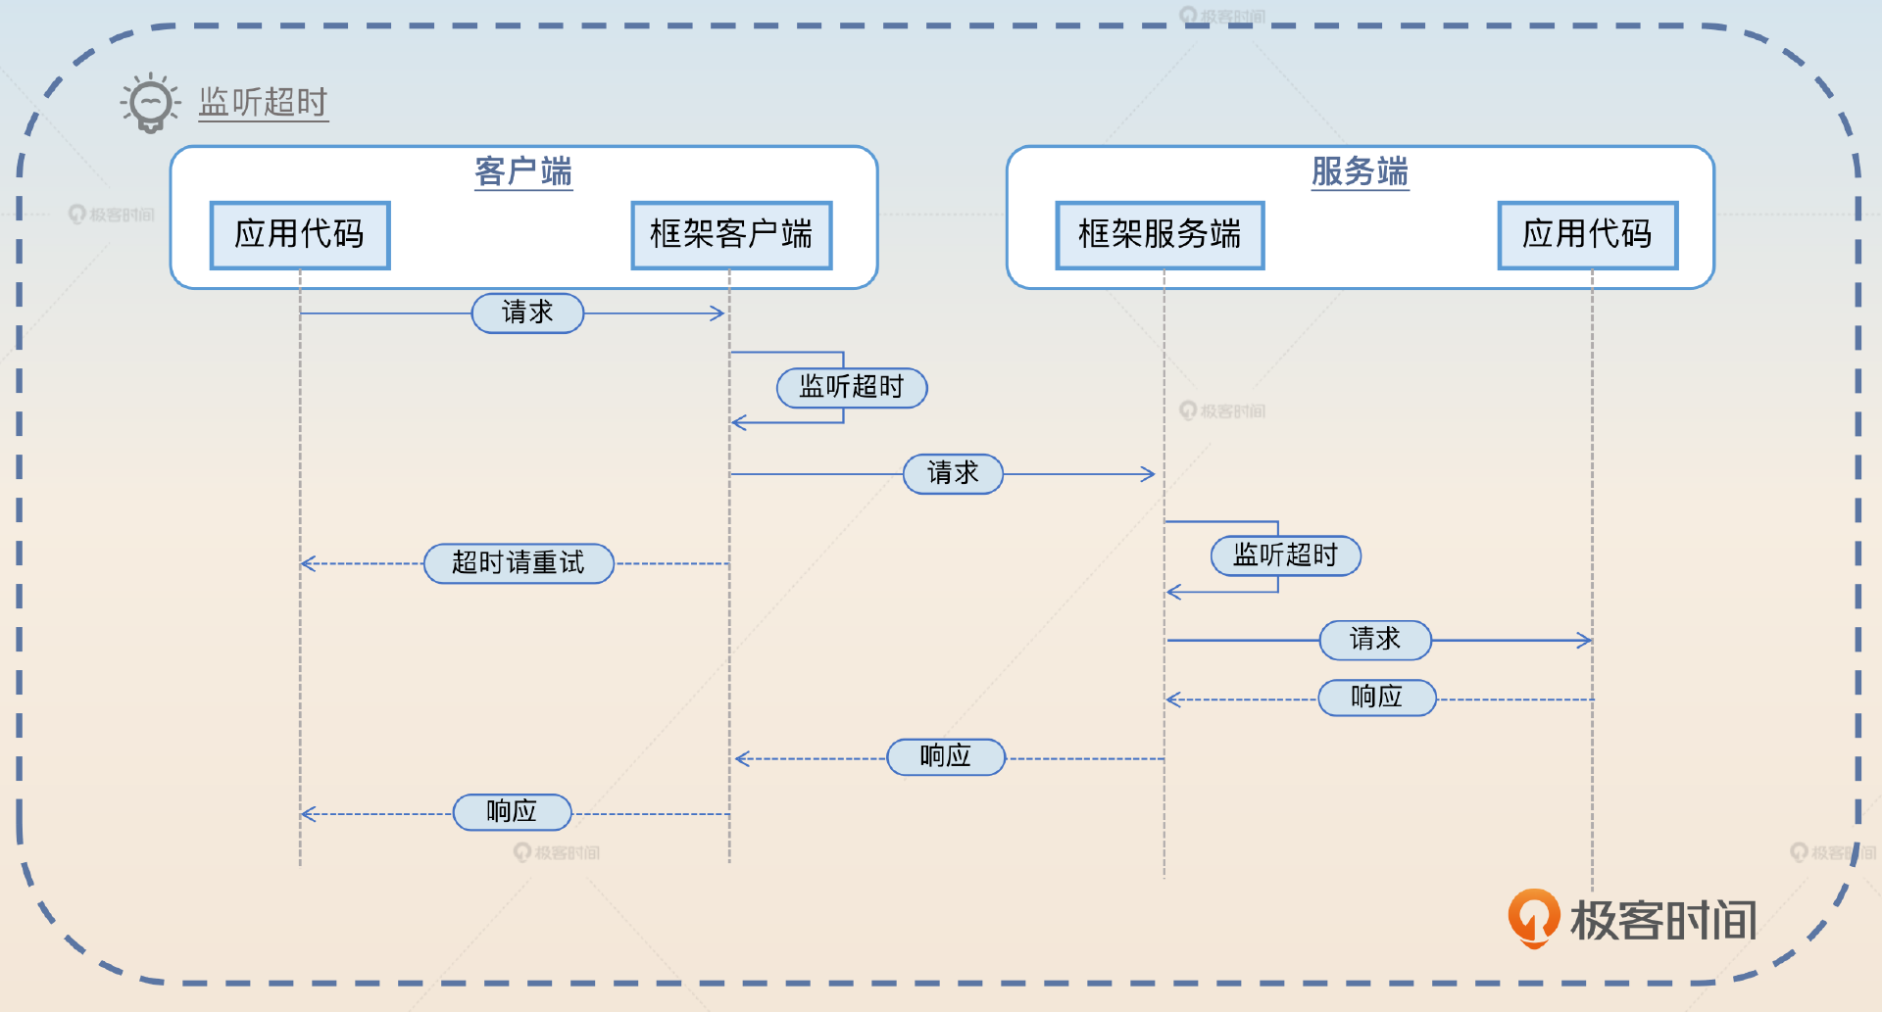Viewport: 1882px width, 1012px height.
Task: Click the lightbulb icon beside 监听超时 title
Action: point(150,102)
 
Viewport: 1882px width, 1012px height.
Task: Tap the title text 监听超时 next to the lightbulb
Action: point(263,102)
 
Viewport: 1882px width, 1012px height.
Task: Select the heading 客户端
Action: point(523,171)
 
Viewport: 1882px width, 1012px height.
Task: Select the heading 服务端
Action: point(1360,171)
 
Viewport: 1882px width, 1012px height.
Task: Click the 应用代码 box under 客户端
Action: point(300,235)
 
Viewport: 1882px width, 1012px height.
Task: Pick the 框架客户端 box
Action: point(731,235)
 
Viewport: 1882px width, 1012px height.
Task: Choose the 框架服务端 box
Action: point(1160,235)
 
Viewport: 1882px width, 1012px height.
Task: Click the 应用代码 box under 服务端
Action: point(1588,235)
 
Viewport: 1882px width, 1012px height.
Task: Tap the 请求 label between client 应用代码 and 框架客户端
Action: point(527,313)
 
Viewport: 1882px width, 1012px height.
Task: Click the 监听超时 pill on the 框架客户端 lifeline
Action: point(851,387)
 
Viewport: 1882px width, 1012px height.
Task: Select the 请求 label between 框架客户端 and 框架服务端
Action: point(953,474)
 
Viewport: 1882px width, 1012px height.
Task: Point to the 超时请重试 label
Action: point(519,563)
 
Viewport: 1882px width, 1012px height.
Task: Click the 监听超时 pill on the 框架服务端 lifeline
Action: point(1285,555)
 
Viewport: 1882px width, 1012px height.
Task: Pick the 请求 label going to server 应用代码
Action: point(1375,640)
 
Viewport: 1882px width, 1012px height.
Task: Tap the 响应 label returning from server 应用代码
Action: point(1377,698)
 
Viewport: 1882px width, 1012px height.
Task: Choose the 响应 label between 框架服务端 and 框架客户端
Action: point(946,756)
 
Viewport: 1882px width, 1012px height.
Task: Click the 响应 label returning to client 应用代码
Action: point(512,812)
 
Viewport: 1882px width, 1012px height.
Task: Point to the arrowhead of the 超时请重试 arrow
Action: point(306,563)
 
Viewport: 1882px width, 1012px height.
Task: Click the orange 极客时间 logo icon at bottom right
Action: point(1533,917)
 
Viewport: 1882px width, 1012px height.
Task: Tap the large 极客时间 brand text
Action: point(1663,921)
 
